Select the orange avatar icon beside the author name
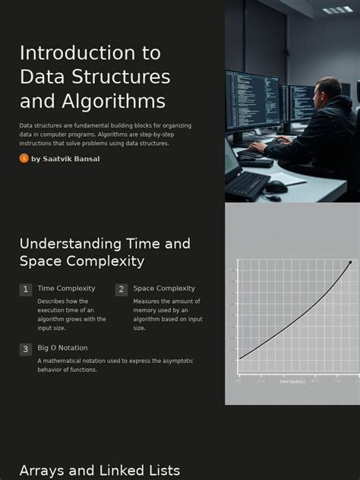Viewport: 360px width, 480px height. click(x=24, y=158)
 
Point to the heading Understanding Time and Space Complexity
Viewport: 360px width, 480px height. click(x=105, y=252)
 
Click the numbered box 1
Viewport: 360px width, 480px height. click(x=26, y=289)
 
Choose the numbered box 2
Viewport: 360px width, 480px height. click(x=122, y=289)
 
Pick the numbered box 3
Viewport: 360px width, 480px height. click(x=26, y=349)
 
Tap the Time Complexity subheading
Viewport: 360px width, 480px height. click(x=66, y=289)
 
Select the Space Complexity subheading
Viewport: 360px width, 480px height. click(x=164, y=289)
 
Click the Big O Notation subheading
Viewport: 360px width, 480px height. click(x=62, y=348)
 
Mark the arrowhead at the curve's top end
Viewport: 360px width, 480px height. click(x=350, y=262)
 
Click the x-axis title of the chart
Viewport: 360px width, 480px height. click(x=292, y=381)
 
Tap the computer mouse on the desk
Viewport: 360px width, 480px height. click(x=276, y=186)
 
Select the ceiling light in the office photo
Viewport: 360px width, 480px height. click(x=338, y=10)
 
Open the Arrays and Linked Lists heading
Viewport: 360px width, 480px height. click(x=99, y=471)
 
